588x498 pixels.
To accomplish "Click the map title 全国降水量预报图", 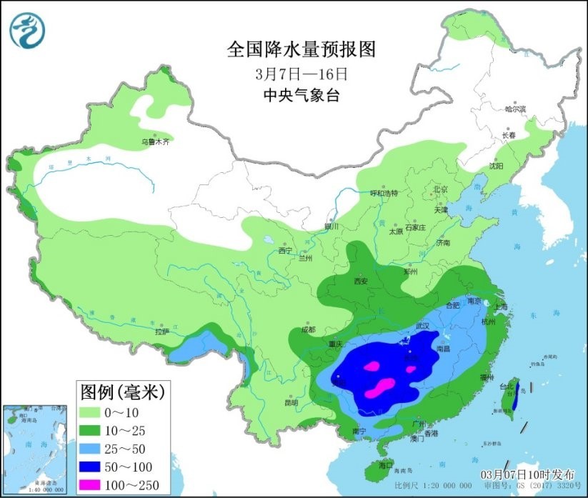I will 301,49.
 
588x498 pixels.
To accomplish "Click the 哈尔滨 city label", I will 514,109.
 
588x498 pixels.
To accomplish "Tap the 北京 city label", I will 439,189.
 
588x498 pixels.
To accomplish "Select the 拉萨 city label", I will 161,331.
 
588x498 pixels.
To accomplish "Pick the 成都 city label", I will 308,329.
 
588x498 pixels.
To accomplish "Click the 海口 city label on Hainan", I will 386,465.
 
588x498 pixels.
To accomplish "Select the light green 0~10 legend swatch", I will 94,412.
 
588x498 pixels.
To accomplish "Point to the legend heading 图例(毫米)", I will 122,391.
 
